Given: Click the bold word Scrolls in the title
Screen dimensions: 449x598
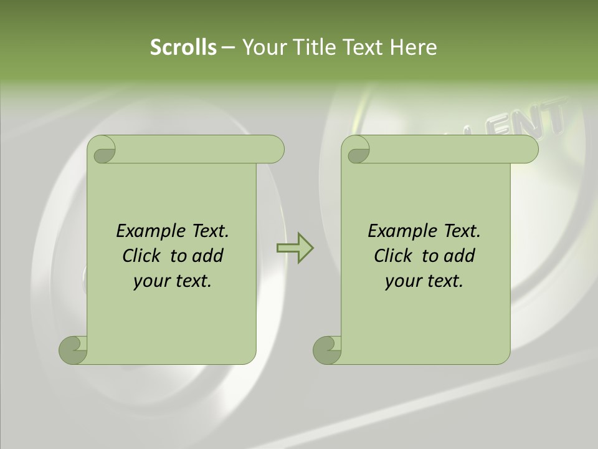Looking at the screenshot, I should pos(183,47).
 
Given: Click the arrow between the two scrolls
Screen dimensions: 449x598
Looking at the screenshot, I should pos(295,248).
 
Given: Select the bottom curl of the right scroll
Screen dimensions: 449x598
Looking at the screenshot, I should pos(328,349).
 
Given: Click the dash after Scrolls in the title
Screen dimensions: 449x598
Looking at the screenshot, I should pos(228,47).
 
